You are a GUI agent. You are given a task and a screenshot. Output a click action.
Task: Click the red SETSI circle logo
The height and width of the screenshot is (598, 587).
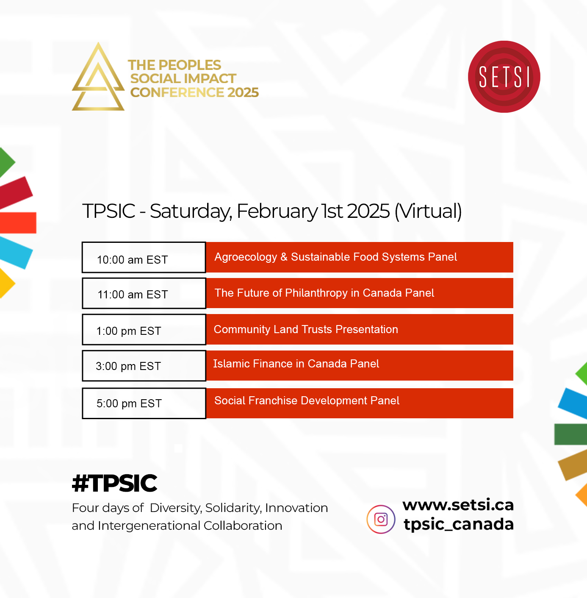[504, 77]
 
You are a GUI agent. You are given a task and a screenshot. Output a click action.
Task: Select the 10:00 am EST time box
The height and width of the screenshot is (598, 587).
[144, 257]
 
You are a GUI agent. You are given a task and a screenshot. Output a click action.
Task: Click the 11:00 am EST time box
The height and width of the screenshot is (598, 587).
[144, 293]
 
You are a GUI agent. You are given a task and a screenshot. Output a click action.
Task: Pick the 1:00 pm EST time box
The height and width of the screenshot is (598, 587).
[144, 330]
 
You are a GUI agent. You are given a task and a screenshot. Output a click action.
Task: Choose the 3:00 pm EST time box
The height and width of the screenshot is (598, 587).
[144, 366]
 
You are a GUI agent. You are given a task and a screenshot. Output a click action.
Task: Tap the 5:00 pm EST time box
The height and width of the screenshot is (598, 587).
[144, 403]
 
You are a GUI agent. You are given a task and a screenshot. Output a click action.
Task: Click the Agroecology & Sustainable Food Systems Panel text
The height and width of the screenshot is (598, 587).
[336, 257]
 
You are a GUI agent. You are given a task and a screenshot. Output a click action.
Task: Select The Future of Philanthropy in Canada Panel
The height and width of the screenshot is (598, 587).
[324, 293]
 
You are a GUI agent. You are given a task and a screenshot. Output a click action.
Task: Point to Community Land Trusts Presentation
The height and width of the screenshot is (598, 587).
[306, 329]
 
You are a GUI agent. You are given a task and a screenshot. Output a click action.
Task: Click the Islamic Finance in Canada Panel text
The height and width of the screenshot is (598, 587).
[296, 363]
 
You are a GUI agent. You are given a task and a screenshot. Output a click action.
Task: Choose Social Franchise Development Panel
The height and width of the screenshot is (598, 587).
[307, 401]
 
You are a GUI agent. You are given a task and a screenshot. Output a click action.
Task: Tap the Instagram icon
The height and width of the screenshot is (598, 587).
[381, 519]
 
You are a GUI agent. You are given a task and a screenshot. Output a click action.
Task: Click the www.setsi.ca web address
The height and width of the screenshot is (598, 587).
[458, 505]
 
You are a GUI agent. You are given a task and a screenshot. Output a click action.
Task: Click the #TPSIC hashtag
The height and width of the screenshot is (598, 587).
[114, 483]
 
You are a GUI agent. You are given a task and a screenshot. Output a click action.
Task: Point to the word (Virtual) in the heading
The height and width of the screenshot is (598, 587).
[428, 211]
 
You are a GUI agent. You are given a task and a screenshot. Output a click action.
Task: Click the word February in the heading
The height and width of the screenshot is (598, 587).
[277, 211]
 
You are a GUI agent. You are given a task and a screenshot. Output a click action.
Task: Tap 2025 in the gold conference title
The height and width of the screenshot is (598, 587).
[243, 92]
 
